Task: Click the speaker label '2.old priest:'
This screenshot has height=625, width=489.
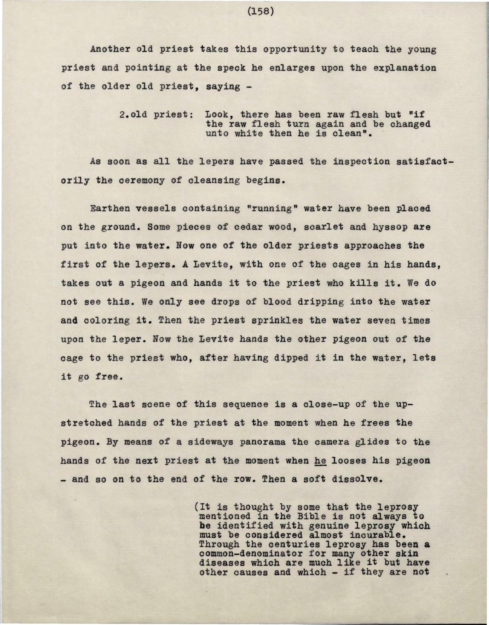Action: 156,114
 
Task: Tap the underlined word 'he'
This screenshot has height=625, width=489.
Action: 320,461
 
